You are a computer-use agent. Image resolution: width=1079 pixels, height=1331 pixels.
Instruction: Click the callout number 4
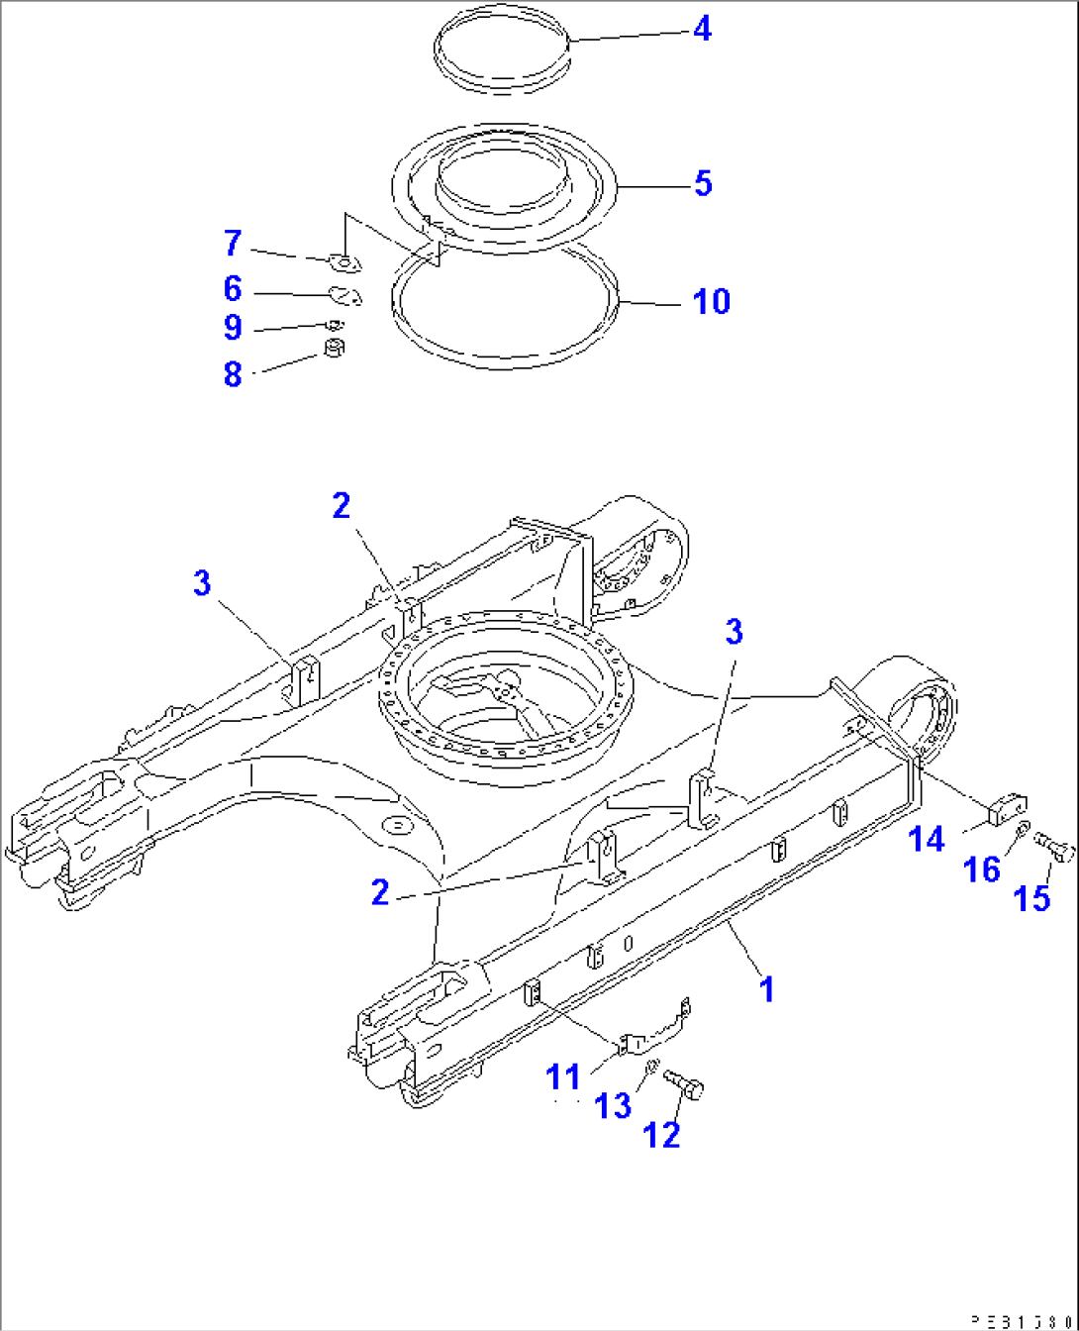point(702,29)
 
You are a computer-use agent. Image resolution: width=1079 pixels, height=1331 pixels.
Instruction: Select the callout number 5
point(702,183)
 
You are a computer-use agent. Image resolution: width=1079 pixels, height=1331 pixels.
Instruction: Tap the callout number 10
point(711,301)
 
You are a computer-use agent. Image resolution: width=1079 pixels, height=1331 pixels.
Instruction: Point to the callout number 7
point(233,243)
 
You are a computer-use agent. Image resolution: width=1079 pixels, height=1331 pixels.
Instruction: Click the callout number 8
point(233,374)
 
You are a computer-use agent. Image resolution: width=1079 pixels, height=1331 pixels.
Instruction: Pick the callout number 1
point(766,988)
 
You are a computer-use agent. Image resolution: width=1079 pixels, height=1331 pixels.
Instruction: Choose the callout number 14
point(927,840)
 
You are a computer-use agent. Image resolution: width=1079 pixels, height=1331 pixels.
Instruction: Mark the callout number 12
point(662,1135)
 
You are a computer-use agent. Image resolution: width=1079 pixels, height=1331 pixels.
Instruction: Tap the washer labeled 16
point(1023,828)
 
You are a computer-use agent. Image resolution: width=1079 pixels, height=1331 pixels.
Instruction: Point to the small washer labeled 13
point(651,1066)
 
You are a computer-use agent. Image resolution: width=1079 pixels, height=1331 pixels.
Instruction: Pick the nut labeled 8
point(336,349)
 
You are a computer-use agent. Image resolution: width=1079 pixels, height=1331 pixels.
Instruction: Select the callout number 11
point(565,1076)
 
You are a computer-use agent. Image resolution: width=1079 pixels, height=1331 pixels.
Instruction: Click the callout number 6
point(233,288)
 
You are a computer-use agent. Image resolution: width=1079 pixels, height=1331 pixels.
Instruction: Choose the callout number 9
point(233,327)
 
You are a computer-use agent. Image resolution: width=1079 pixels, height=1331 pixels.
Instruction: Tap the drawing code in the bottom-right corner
point(1020,1321)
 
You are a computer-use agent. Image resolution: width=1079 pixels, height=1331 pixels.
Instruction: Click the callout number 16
point(982,870)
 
